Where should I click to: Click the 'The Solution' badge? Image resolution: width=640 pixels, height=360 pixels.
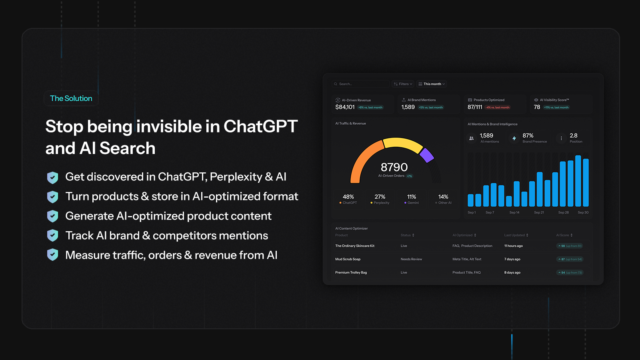pyautogui.click(x=71, y=98)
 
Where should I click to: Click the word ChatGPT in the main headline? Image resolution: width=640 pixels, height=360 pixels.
pyautogui.click(x=260, y=126)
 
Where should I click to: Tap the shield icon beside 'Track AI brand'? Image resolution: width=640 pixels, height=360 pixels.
pyautogui.click(x=52, y=236)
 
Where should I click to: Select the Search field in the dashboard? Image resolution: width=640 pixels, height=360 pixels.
pyautogui.click(x=360, y=84)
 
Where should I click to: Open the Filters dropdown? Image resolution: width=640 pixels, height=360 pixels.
pyautogui.click(x=403, y=84)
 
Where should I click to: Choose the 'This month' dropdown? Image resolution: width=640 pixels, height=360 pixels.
pyautogui.click(x=432, y=84)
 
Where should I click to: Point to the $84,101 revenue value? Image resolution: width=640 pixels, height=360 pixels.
pyautogui.click(x=345, y=107)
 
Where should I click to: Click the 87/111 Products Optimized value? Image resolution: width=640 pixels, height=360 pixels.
pyautogui.click(x=475, y=107)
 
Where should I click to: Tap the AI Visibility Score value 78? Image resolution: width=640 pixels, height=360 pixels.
pyautogui.click(x=537, y=107)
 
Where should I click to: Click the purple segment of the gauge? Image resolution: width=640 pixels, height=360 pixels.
pyautogui.click(x=427, y=155)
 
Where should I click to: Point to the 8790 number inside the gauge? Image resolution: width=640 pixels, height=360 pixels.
pyautogui.click(x=394, y=167)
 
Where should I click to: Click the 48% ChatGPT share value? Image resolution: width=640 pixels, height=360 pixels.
pyautogui.click(x=348, y=197)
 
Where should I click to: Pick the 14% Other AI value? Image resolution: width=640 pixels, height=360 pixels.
pyautogui.click(x=443, y=197)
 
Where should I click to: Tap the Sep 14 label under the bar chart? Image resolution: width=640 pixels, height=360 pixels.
pyautogui.click(x=514, y=212)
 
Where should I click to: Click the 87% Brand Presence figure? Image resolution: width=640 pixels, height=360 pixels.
pyautogui.click(x=528, y=136)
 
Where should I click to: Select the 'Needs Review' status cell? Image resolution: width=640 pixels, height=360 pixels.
pyautogui.click(x=411, y=259)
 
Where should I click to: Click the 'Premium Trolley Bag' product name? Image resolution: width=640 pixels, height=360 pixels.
pyautogui.click(x=351, y=272)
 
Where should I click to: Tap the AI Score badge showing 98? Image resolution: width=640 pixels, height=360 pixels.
pyautogui.click(x=570, y=246)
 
